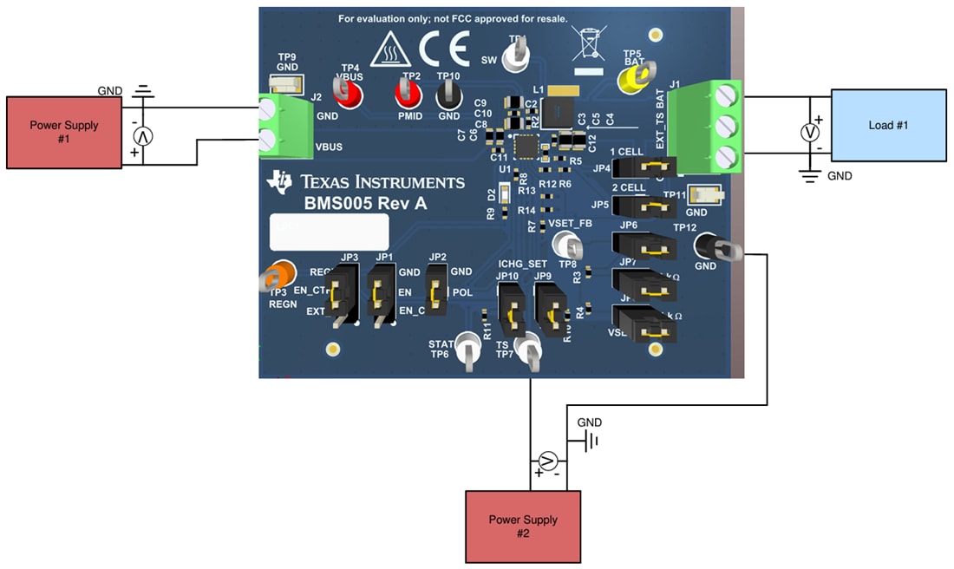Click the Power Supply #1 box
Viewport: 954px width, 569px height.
coord(64,132)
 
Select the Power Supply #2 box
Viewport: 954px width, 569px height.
coord(522,526)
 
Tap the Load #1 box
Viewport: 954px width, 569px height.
coord(888,124)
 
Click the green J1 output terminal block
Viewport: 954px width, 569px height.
coord(708,127)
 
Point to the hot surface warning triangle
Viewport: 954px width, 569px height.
coord(389,52)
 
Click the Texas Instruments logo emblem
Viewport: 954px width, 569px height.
coord(281,180)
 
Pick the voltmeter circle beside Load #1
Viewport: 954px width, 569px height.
coord(810,132)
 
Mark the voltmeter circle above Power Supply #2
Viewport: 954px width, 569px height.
coord(547,461)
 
